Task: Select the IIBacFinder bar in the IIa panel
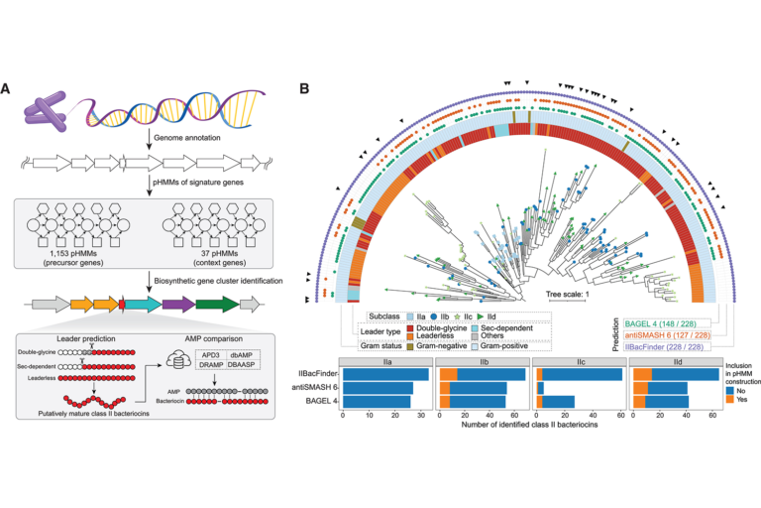[x=385, y=374]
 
